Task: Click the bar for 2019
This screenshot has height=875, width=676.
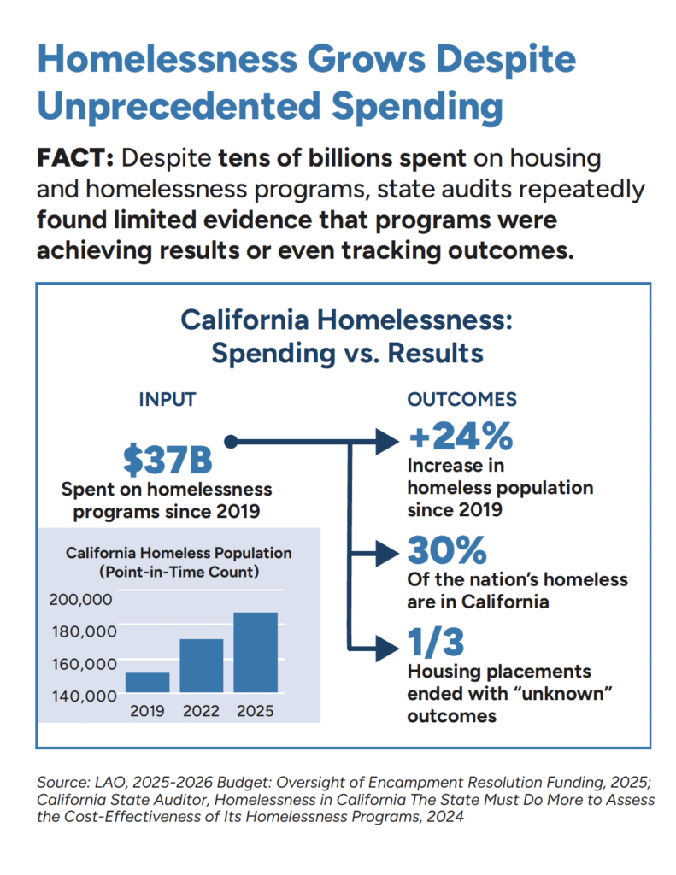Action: pyautogui.click(x=147, y=682)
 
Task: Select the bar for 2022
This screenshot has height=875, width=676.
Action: pyautogui.click(x=201, y=665)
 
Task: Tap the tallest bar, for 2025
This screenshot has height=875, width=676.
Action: pyautogui.click(x=256, y=652)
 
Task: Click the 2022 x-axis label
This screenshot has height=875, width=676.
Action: pyautogui.click(x=201, y=711)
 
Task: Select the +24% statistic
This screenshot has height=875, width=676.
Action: pyautogui.click(x=460, y=437)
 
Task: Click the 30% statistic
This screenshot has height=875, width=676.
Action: pyautogui.click(x=447, y=550)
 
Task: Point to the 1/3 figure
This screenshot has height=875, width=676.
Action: pyautogui.click(x=435, y=642)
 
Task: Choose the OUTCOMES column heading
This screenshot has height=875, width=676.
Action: pyautogui.click(x=461, y=399)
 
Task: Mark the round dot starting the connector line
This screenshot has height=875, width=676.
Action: pyautogui.click(x=229, y=442)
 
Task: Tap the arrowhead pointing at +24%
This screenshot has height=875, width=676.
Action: pyautogui.click(x=389, y=442)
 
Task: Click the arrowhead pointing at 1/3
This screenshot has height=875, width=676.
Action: pyautogui.click(x=389, y=645)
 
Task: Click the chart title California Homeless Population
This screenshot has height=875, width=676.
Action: pyautogui.click(x=179, y=553)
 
